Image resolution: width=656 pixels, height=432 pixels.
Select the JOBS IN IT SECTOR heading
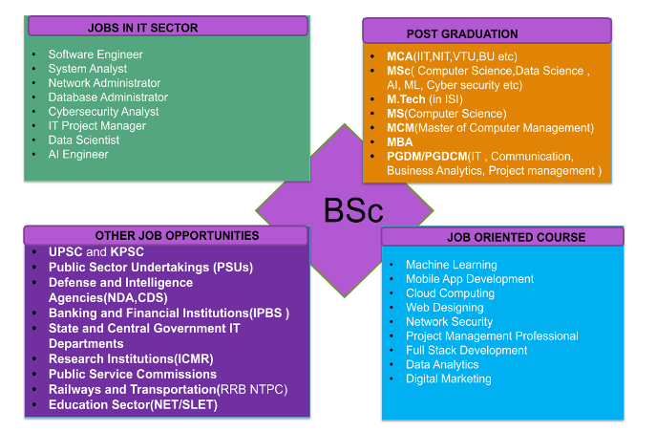point(142,28)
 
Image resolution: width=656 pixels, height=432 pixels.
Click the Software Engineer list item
point(95,54)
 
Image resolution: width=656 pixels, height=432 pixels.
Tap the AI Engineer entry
point(78,155)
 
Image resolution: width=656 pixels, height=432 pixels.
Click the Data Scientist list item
point(85,140)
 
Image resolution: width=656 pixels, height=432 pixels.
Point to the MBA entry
point(400,141)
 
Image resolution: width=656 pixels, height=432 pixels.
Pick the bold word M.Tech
point(406,99)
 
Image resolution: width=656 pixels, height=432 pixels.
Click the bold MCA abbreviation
point(399,57)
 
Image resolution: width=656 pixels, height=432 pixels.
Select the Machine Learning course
point(451,265)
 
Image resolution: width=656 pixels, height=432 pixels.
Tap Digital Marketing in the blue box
point(448,378)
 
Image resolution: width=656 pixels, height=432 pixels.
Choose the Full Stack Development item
point(466,350)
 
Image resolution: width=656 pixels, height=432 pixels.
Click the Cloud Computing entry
point(450,293)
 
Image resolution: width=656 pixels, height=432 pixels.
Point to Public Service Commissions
point(133,375)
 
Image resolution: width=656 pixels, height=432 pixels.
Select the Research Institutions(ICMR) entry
point(131,359)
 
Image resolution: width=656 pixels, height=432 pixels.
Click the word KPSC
point(127,252)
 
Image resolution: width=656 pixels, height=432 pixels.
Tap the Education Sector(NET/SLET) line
point(133,404)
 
